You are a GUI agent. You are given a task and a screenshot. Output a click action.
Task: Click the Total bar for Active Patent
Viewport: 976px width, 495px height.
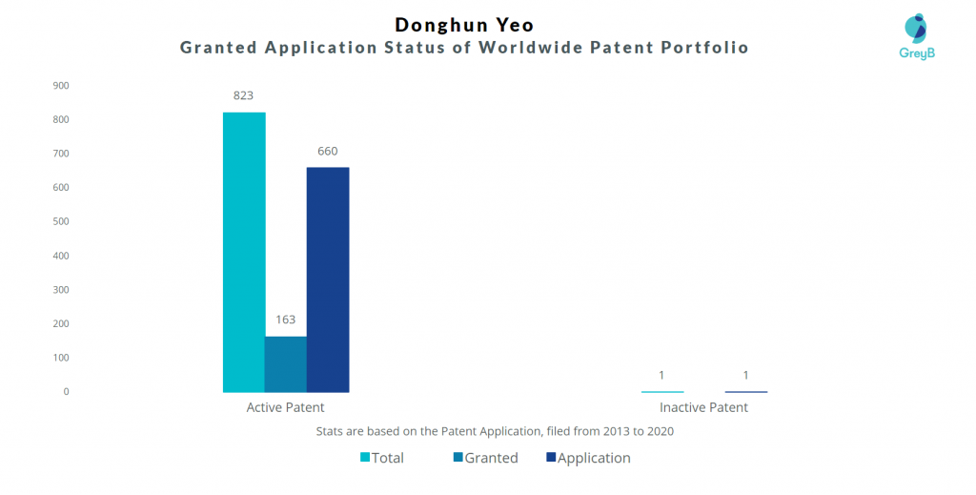click(244, 252)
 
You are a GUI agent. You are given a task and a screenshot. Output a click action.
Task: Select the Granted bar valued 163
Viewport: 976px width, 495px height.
click(286, 364)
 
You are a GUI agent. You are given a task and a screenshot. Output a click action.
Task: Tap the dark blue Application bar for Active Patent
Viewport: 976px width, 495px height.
click(328, 279)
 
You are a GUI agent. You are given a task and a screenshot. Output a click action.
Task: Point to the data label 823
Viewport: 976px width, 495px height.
click(243, 95)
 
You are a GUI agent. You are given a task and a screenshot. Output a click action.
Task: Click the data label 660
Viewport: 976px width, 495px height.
click(328, 152)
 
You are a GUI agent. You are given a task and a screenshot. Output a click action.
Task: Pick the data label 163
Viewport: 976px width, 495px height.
click(286, 320)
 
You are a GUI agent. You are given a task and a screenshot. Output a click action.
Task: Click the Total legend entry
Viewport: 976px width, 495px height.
click(382, 458)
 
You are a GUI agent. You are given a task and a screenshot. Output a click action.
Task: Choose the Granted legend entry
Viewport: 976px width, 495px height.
click(486, 458)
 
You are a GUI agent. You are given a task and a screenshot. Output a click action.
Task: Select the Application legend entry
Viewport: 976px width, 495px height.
click(588, 458)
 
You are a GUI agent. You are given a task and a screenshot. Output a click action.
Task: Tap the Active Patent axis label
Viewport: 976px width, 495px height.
click(286, 407)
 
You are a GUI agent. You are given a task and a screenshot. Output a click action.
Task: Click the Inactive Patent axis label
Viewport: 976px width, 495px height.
click(704, 407)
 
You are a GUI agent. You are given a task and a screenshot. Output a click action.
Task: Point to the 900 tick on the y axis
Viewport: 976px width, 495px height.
click(61, 85)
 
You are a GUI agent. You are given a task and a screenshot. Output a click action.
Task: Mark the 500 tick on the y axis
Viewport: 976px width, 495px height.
click(61, 221)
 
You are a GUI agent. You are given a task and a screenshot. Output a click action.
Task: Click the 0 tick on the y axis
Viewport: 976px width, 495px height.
click(66, 392)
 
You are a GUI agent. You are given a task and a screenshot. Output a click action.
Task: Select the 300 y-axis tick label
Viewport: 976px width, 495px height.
click(61, 290)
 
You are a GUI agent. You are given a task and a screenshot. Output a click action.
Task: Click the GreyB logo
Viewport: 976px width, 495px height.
click(917, 36)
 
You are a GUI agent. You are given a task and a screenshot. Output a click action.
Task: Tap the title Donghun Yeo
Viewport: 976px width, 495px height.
click(464, 25)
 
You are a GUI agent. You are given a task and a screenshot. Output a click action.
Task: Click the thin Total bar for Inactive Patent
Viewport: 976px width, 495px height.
click(662, 392)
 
